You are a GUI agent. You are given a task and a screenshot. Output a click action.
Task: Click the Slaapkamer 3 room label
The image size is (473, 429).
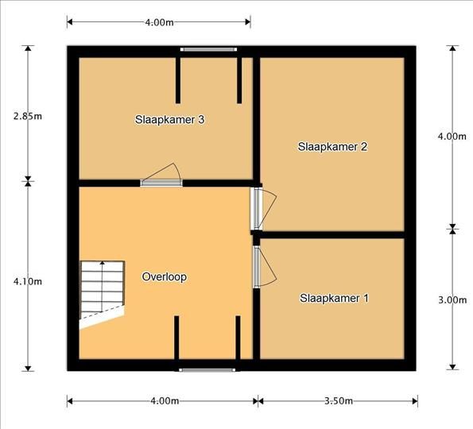point(169,120)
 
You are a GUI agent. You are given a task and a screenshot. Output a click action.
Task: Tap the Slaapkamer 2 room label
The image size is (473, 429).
point(332,147)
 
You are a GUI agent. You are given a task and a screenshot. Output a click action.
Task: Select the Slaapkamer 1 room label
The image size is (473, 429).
point(334,298)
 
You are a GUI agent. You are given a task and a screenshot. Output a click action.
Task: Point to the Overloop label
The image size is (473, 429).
point(164,276)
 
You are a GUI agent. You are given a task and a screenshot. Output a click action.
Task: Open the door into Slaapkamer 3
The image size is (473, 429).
point(161,176)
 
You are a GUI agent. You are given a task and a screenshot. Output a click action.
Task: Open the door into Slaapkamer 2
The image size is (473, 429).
point(263,209)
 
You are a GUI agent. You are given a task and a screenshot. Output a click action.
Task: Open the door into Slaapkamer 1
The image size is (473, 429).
point(264,266)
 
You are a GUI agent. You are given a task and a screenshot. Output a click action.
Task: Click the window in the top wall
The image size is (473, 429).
point(208,49)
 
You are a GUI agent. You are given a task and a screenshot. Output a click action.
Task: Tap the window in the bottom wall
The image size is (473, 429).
point(207,369)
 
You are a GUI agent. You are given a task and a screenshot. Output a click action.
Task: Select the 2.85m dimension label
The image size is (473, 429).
point(28,116)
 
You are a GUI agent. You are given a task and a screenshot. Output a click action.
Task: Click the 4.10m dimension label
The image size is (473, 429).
point(28,281)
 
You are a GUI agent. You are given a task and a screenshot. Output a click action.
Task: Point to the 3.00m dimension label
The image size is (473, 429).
point(452,300)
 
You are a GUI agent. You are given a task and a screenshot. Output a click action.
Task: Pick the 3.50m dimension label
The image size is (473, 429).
point(339,401)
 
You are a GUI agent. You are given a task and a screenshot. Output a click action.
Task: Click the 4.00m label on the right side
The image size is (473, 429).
point(452,137)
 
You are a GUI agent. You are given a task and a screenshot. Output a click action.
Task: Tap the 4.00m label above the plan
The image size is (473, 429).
point(159,22)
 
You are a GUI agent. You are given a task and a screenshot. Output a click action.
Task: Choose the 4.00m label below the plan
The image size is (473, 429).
point(165,401)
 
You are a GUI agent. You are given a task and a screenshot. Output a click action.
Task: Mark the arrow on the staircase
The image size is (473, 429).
point(103,287)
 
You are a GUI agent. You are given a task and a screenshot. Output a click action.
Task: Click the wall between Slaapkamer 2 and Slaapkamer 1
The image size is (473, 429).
point(331,235)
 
